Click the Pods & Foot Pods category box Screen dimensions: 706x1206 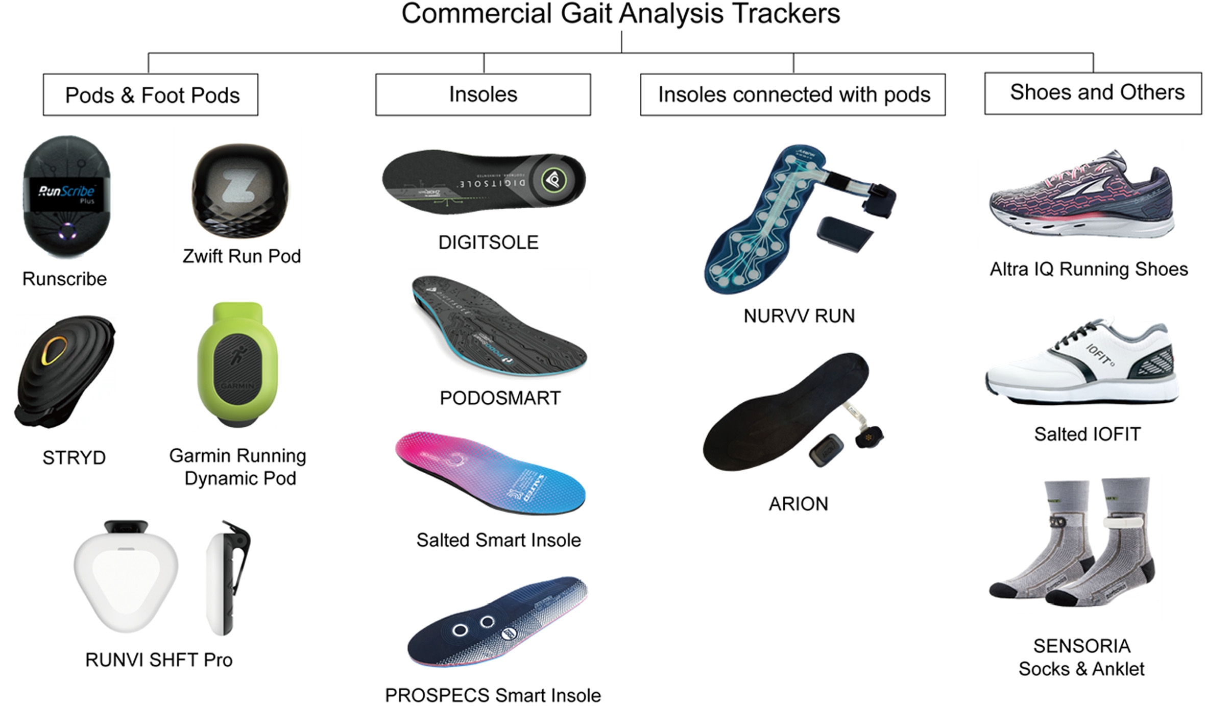coord(150,95)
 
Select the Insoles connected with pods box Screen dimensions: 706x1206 coord(792,95)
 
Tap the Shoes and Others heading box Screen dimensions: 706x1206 coord(1093,93)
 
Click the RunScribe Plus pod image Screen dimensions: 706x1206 coord(66,197)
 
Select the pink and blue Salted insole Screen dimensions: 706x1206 coord(490,472)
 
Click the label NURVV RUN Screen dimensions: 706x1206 coord(799,316)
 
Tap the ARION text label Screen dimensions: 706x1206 coord(799,504)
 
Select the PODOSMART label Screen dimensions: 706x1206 coord(500,398)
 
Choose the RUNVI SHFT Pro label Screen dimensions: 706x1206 coord(159,660)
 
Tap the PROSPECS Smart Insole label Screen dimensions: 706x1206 coord(493,695)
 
